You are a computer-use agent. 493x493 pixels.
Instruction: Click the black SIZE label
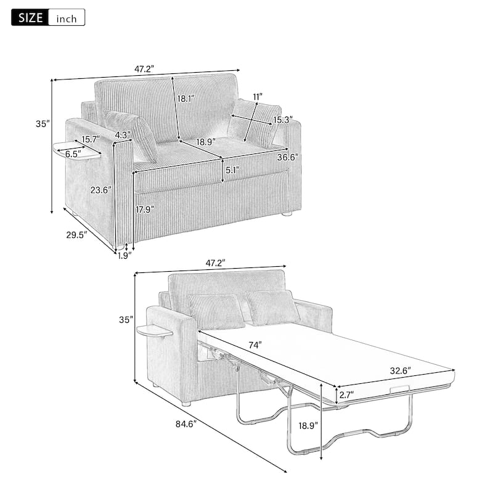click(x=29, y=18)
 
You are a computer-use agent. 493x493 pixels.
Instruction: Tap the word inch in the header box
click(x=66, y=18)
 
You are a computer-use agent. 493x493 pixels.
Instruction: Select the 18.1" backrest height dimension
click(x=185, y=98)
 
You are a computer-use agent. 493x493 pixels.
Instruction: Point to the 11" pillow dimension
click(x=257, y=97)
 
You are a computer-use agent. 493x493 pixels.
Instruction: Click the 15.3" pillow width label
click(x=282, y=120)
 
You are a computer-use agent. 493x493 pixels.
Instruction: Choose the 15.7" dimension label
click(x=91, y=139)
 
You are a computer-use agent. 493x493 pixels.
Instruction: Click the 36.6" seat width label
click(x=287, y=157)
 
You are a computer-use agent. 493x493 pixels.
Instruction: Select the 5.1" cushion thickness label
click(x=232, y=169)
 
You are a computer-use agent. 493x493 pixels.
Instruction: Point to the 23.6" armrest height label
click(x=99, y=190)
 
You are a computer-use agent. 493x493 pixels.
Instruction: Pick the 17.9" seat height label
click(x=145, y=209)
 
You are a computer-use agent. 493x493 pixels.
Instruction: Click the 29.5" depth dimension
click(x=76, y=234)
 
